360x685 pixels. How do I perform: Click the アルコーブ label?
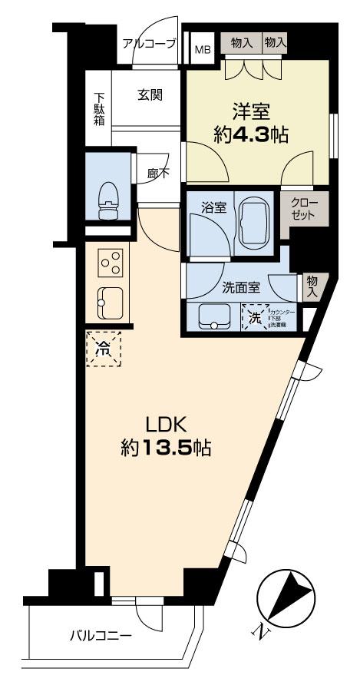tap(150, 44)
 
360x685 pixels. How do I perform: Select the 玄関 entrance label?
tap(149, 95)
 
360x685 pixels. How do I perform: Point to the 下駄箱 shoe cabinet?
tap(99, 109)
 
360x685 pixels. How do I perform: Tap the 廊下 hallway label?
tap(158, 174)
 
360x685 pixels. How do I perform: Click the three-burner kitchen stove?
tap(110, 263)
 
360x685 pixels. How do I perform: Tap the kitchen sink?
tap(109, 303)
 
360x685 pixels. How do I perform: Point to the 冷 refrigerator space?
tap(102, 348)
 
